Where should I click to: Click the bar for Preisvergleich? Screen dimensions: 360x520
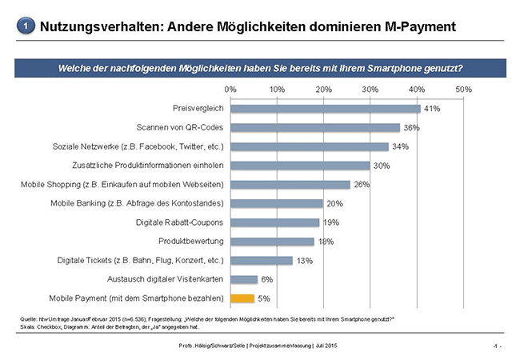pos(325,109)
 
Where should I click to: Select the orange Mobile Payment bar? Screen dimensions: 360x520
pos(242,298)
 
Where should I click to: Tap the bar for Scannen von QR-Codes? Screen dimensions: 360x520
pos(314,128)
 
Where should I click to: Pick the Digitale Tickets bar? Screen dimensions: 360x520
pos(261,260)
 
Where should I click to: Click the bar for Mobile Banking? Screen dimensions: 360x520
pos(277,203)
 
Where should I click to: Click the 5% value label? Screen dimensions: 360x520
pos(264,298)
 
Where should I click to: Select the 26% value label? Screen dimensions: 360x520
pos(362,185)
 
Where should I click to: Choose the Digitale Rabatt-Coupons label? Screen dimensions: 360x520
pos(176,222)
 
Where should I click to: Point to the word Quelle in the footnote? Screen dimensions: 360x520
pos(30,319)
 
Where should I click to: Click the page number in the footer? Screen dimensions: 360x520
pos(496,346)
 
